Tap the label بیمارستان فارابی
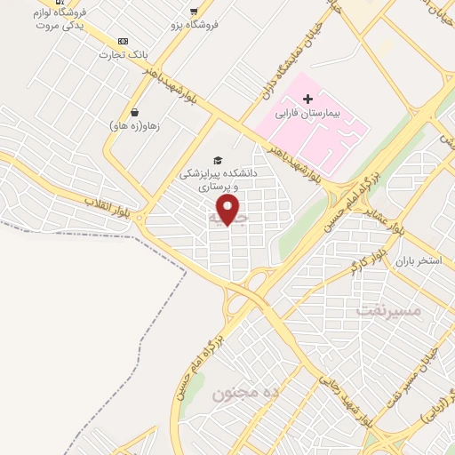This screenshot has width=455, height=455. point(307,114)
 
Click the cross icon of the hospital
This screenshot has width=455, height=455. point(307,97)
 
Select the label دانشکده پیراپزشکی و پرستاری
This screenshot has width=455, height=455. point(218,181)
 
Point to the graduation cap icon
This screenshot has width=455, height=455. point(218,160)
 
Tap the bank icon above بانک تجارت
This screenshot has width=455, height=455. point(123,41)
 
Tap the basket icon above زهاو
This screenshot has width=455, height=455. point(133,112)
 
